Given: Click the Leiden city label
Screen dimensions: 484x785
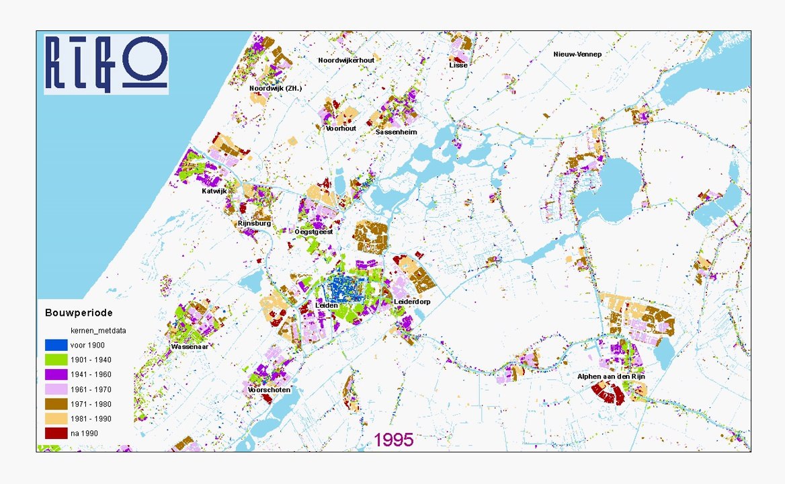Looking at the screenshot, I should pos(327,306).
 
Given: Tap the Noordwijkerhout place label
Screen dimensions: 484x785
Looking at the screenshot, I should pos(346,60).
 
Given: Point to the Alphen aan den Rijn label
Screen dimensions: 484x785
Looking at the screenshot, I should pos(611,377).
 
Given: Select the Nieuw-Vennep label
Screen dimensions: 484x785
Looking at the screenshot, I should pos(577,54).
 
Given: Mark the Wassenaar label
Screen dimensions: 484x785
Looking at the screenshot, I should pos(190,347).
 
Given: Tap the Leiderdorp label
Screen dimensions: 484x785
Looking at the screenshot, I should pos(412,302).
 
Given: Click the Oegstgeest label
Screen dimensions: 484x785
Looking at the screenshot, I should pos(314,232).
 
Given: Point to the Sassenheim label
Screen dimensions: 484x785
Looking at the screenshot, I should pos(397,132).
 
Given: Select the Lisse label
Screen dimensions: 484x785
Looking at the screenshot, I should pos(458,65).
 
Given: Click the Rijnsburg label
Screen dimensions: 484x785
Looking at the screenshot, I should pos(254,223).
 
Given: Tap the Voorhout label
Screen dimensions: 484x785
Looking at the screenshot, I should pos(341,128).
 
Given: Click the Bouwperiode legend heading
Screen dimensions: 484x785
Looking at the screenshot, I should pos(79,313).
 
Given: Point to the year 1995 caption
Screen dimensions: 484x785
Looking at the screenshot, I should pos(393,440).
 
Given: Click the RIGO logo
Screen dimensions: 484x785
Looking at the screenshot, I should pos(106,65).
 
